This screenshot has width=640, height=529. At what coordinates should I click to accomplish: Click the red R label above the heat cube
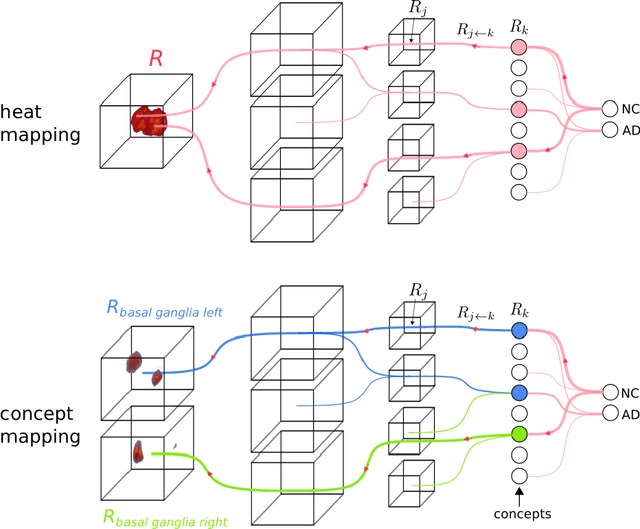pos(156,60)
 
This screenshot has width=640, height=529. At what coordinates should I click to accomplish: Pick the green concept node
pos(518,434)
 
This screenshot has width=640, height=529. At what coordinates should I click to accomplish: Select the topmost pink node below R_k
pos(518,47)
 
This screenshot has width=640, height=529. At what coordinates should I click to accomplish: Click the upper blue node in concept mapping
pos(518,330)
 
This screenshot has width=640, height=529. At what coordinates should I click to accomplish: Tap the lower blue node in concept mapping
pos(518,392)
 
